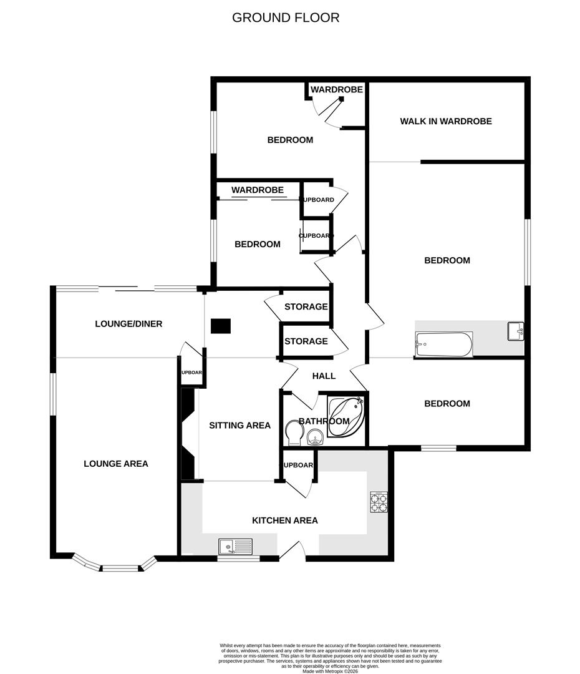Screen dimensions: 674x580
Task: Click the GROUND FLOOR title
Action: point(286,17)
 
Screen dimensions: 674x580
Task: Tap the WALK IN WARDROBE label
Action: point(445,121)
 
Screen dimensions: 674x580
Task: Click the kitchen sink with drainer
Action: point(236,547)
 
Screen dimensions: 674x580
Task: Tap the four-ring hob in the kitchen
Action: point(379,502)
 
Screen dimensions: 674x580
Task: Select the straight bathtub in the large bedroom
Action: point(443,344)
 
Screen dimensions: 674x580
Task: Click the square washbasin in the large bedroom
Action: point(515,331)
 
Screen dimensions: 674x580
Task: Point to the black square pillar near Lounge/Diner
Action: point(220,326)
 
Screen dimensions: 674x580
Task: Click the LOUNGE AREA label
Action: point(116,464)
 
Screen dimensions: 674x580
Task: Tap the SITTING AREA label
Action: point(239,426)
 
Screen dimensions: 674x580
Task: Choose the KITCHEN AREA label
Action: point(284,520)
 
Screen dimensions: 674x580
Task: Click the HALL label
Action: point(324,376)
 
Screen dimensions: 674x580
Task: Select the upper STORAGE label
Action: point(306,306)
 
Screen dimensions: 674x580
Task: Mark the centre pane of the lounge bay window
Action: point(120,568)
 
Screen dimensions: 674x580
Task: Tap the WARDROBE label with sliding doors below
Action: point(257,190)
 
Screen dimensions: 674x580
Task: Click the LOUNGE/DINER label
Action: point(128,324)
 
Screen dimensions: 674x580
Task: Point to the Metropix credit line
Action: point(331,671)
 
